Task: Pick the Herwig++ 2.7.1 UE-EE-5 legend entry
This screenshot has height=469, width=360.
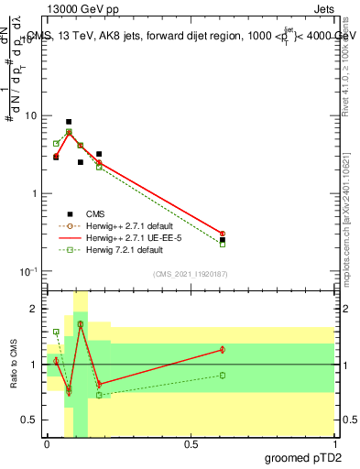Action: (128, 237)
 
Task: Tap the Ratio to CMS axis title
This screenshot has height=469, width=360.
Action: (13, 365)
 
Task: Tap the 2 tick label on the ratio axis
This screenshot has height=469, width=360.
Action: (34, 310)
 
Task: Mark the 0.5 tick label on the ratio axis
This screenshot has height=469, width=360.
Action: (29, 420)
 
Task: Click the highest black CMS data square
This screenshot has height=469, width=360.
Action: (69, 122)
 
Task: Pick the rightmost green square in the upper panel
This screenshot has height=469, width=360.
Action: (223, 244)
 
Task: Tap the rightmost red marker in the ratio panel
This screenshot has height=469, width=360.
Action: (223, 349)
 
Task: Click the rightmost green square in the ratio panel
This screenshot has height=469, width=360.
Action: (223, 376)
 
